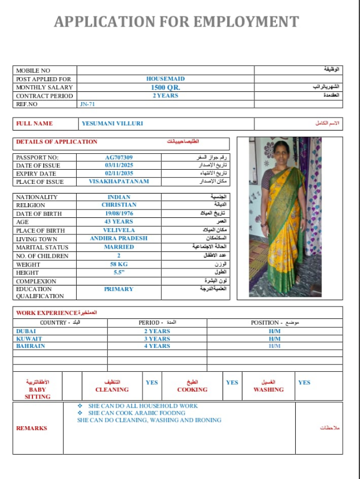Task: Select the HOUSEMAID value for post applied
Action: [x=165, y=79]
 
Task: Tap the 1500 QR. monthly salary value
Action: [x=165, y=87]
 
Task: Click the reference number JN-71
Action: [x=87, y=104]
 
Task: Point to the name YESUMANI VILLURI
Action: [x=112, y=123]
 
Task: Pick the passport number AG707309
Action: [x=119, y=157]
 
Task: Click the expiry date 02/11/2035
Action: [x=119, y=174]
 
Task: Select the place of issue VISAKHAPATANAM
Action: [x=119, y=182]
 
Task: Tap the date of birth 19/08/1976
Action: [x=119, y=213]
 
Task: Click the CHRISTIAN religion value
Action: [x=119, y=205]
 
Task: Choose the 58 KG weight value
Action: [x=119, y=264]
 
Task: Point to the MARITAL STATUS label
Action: [x=38, y=247]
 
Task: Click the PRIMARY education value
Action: [x=119, y=289]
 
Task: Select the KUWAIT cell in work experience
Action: [x=30, y=339]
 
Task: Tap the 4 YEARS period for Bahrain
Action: [x=157, y=346]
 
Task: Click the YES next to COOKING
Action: [x=232, y=383]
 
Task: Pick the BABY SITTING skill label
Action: [x=37, y=393]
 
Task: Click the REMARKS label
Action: [x=32, y=428]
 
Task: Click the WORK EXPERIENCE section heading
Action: [x=47, y=313]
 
